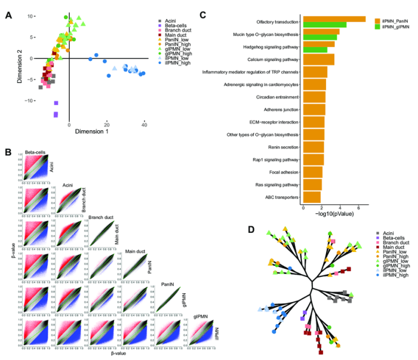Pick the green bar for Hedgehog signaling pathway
click(x=315, y=50)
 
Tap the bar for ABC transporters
click(x=312, y=197)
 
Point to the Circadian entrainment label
click(x=278, y=96)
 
